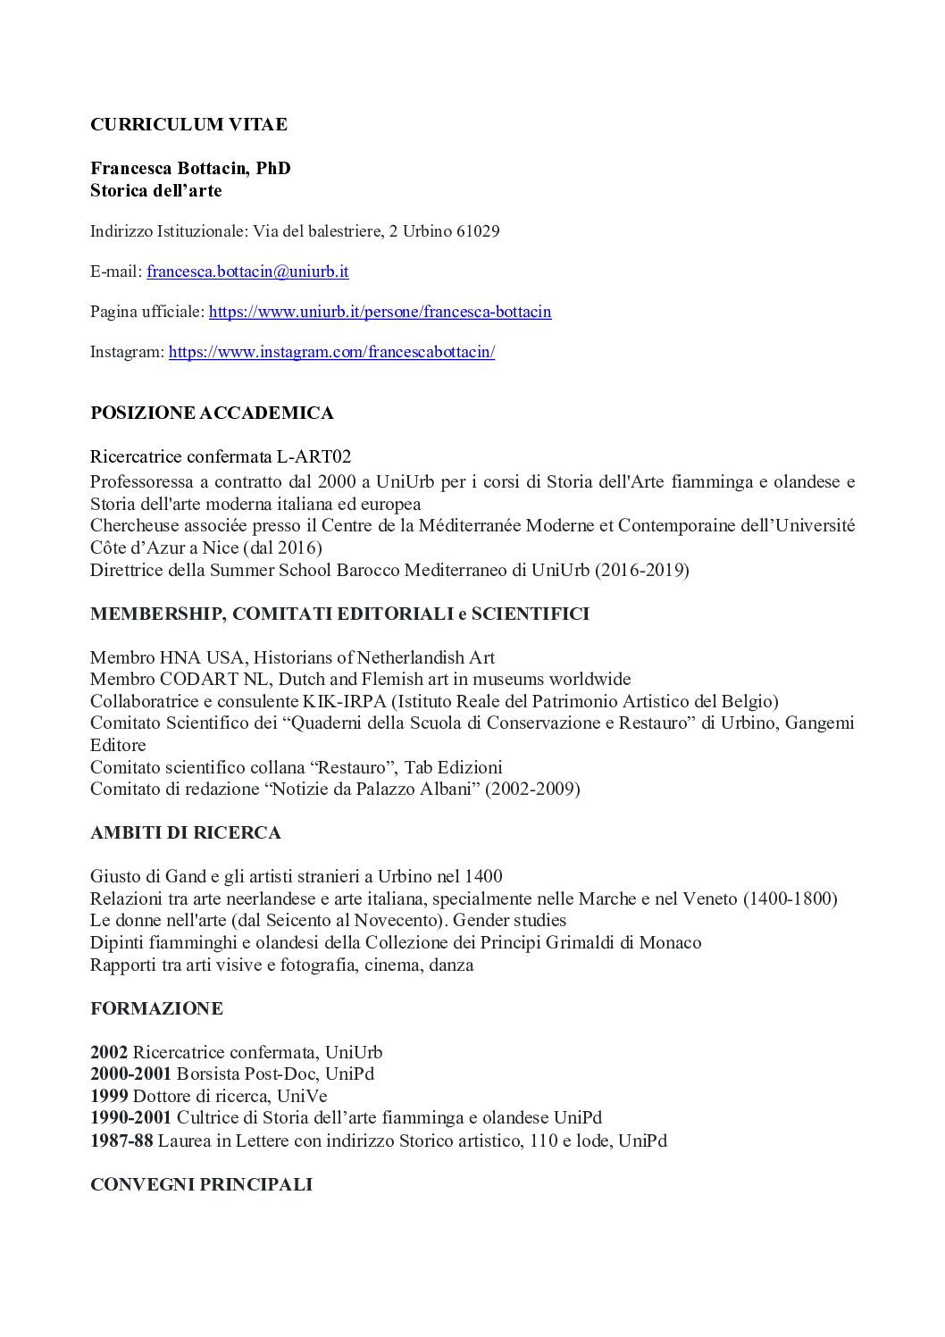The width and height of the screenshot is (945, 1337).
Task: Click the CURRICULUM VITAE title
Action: click(188, 125)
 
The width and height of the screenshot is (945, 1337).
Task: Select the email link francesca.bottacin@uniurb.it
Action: click(247, 272)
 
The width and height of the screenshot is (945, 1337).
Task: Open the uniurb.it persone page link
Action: click(380, 312)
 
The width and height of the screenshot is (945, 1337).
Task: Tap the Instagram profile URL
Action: click(331, 352)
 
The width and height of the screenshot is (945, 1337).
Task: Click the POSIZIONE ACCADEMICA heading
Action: click(212, 413)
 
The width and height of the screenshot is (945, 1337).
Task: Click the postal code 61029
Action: click(478, 231)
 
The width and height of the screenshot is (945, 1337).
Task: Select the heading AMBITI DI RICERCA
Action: click(185, 832)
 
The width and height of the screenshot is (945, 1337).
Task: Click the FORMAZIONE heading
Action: click(156, 1008)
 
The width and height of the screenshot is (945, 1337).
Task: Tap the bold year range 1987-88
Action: click(121, 1141)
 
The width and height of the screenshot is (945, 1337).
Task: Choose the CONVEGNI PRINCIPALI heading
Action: click(201, 1184)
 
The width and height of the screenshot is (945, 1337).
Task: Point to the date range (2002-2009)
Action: click(532, 789)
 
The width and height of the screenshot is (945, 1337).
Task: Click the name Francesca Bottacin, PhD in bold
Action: click(190, 169)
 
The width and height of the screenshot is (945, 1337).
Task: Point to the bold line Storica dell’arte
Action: click(155, 190)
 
